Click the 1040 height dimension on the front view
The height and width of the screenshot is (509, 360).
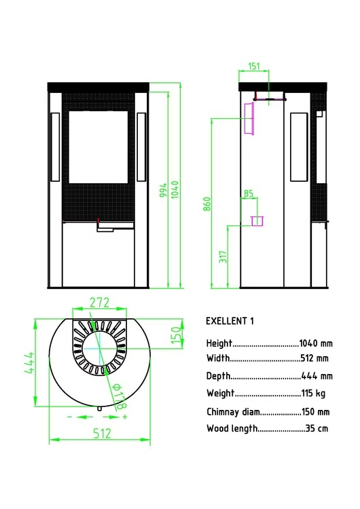coord(175,189)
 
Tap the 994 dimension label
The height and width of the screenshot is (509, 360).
coord(163,190)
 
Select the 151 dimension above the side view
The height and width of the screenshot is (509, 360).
coord(254,66)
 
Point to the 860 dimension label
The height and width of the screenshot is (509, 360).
coord(207,204)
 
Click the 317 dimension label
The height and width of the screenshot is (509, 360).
coord(223,257)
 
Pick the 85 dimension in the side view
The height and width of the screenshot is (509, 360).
coord(249,193)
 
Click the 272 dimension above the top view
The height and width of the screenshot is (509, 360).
coord(99,303)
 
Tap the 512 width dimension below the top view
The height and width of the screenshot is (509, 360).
coord(102,434)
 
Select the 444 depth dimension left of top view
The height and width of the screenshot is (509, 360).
coord(29,362)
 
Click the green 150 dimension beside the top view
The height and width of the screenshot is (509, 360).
coord(175,335)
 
